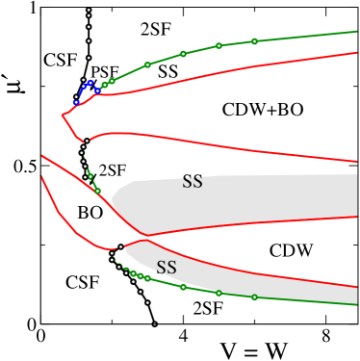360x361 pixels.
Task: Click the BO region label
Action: tap(90, 213)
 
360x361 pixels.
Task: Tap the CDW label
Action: tap(291, 251)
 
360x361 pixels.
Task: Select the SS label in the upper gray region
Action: tap(193, 182)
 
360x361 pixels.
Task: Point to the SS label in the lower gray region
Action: tap(167, 268)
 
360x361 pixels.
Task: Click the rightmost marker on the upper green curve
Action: tap(254, 41)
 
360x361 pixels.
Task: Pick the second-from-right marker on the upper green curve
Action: tap(219, 45)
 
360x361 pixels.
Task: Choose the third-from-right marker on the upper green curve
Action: tap(183, 54)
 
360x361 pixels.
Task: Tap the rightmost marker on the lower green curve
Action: tap(254, 297)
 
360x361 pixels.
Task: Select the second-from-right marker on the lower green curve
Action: tap(219, 293)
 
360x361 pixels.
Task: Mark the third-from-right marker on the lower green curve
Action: tap(183, 287)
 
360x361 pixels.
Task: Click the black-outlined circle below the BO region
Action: tap(120, 247)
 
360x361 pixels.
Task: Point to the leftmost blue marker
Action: tap(76, 101)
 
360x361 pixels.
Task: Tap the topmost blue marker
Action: tap(90, 83)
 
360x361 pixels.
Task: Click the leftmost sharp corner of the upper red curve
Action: tap(63, 116)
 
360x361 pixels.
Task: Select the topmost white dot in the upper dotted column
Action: tap(89, 10)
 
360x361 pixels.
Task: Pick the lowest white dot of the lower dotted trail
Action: tap(154, 324)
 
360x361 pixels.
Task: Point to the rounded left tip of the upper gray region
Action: tap(113, 200)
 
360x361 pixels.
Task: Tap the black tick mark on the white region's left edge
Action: tap(44, 166)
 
